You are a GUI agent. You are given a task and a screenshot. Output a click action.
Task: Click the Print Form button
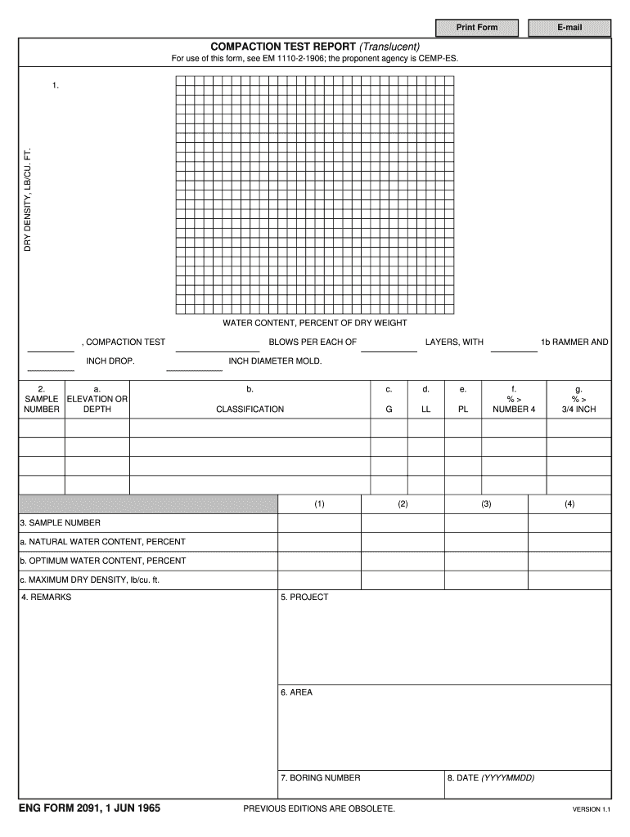click(476, 28)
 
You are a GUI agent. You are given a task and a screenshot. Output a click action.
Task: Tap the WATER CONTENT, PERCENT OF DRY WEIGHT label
click(315, 323)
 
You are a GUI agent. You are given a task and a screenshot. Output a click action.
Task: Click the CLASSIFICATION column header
click(250, 409)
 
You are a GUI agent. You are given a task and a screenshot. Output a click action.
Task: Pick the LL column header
click(425, 409)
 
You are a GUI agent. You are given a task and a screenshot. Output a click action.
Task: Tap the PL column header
click(463, 409)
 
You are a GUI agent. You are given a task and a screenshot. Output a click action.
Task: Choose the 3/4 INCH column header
click(578, 409)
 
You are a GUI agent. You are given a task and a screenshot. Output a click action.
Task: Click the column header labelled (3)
click(486, 504)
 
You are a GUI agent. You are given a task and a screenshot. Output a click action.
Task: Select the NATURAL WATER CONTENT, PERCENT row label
click(103, 542)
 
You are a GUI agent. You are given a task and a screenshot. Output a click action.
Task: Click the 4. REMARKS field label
click(47, 598)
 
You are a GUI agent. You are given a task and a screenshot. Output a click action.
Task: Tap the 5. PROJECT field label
click(304, 598)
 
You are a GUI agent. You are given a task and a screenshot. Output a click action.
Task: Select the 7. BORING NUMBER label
click(320, 778)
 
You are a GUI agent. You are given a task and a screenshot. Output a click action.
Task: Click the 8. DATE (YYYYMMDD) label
click(491, 778)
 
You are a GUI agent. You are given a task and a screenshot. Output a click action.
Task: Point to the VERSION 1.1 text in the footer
click(591, 810)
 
